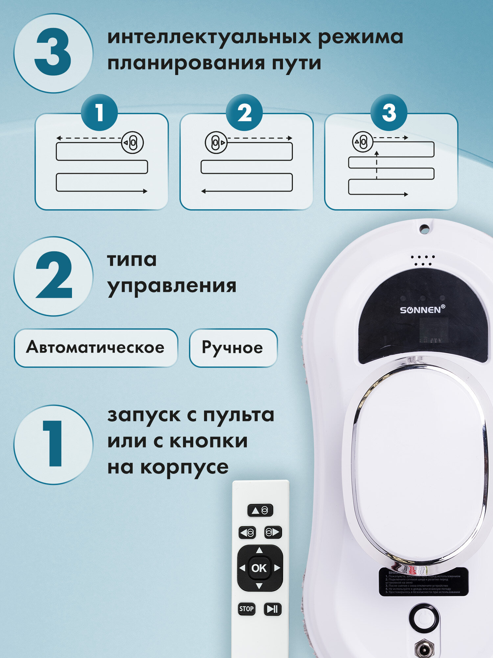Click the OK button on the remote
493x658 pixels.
tap(259, 568)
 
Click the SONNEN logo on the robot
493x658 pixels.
tap(422, 310)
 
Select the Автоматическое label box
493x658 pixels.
tap(96, 348)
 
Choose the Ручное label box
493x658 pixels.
tap(233, 348)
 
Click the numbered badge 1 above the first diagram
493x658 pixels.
tap(99, 113)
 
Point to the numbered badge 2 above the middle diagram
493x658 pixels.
tap(244, 113)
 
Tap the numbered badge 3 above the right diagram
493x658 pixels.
tap(389, 113)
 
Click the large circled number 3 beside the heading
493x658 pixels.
tap(53, 53)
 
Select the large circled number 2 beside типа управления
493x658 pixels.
tap(53, 276)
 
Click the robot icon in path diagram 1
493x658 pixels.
tap(132, 143)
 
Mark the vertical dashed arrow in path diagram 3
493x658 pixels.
tap(377, 165)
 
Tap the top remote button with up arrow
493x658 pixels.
tap(260, 510)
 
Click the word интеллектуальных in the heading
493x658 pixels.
tap(209, 37)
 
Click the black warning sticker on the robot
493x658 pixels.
tap(423, 582)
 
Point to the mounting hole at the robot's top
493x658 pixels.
tap(424, 229)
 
